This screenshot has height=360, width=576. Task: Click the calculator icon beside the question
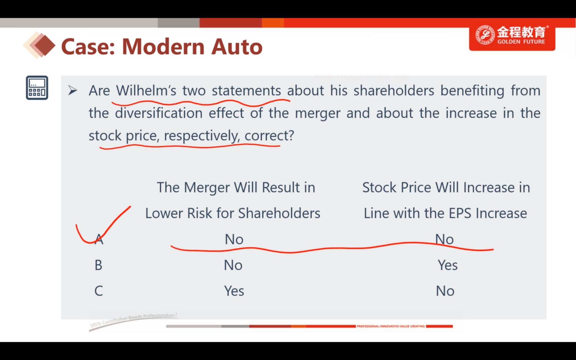click(37, 88)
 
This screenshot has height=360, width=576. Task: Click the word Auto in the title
click(237, 47)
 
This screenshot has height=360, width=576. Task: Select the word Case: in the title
click(88, 47)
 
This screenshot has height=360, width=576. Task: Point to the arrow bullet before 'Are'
click(73, 90)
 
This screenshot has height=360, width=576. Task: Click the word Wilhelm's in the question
click(146, 90)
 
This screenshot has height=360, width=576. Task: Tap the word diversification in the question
click(159, 113)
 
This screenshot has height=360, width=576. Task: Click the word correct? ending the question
click(269, 136)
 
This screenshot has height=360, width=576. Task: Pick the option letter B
click(98, 265)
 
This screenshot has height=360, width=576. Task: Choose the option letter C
click(98, 291)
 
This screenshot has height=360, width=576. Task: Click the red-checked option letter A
click(99, 239)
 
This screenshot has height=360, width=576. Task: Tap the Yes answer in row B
click(448, 265)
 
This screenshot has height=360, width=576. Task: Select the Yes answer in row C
click(234, 291)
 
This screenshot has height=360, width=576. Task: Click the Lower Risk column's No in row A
click(234, 239)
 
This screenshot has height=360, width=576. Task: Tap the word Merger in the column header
click(207, 188)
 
